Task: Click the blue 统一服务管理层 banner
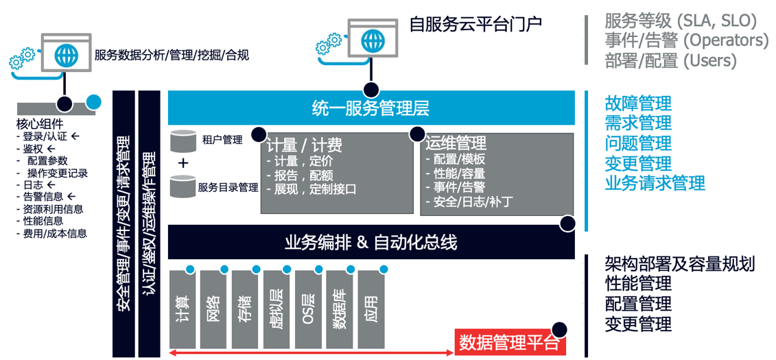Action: (371, 108)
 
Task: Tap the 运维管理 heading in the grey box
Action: (456, 143)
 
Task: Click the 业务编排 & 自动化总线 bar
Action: (371, 242)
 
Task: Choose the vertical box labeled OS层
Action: (307, 309)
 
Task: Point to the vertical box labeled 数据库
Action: (339, 309)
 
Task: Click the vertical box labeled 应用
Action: (371, 309)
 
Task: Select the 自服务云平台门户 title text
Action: (475, 25)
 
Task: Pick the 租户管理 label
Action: (222, 141)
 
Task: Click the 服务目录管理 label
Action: (228, 187)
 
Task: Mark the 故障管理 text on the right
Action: (638, 104)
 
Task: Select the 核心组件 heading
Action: (39, 124)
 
